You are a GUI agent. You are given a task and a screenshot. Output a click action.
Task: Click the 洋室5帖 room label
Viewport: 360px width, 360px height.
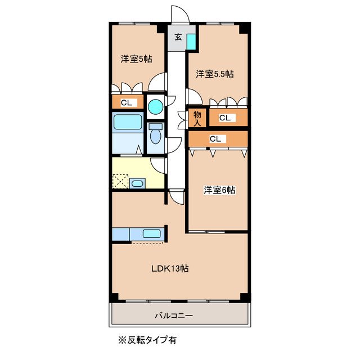coord(136,59)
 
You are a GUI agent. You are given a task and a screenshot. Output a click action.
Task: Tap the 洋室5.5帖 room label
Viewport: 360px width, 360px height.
coord(215,74)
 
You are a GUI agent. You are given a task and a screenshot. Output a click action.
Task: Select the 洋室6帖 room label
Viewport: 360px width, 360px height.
coord(219,190)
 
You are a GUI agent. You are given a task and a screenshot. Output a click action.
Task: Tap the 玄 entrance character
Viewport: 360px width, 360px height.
coord(178,38)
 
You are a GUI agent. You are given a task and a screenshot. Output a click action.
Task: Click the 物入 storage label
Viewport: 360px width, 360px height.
coord(197,118)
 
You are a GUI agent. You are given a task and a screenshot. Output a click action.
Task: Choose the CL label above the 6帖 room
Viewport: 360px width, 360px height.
coord(215,138)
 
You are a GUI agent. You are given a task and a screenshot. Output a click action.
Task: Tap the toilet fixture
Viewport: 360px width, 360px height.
coord(155,134)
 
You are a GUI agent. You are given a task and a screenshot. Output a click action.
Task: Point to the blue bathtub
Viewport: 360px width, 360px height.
coord(127,124)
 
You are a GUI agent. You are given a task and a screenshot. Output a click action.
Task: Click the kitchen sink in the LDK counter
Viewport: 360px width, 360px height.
coord(151,233)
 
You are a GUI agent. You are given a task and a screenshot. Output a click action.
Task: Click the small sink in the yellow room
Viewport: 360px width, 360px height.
coord(138,183)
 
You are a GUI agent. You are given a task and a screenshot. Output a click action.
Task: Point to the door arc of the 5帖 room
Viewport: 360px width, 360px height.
coord(157,82)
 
